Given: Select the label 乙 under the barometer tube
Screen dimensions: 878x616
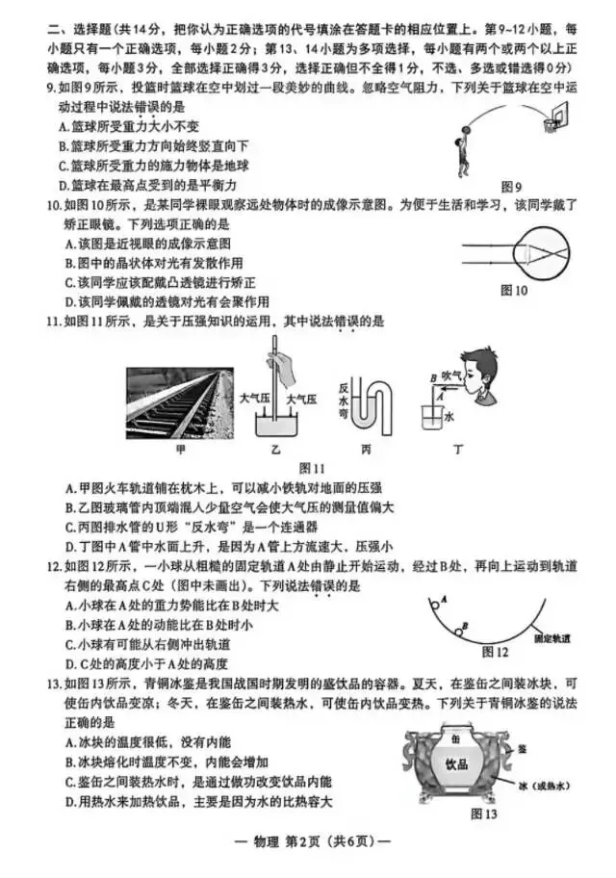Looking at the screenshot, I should tap(275, 447).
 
